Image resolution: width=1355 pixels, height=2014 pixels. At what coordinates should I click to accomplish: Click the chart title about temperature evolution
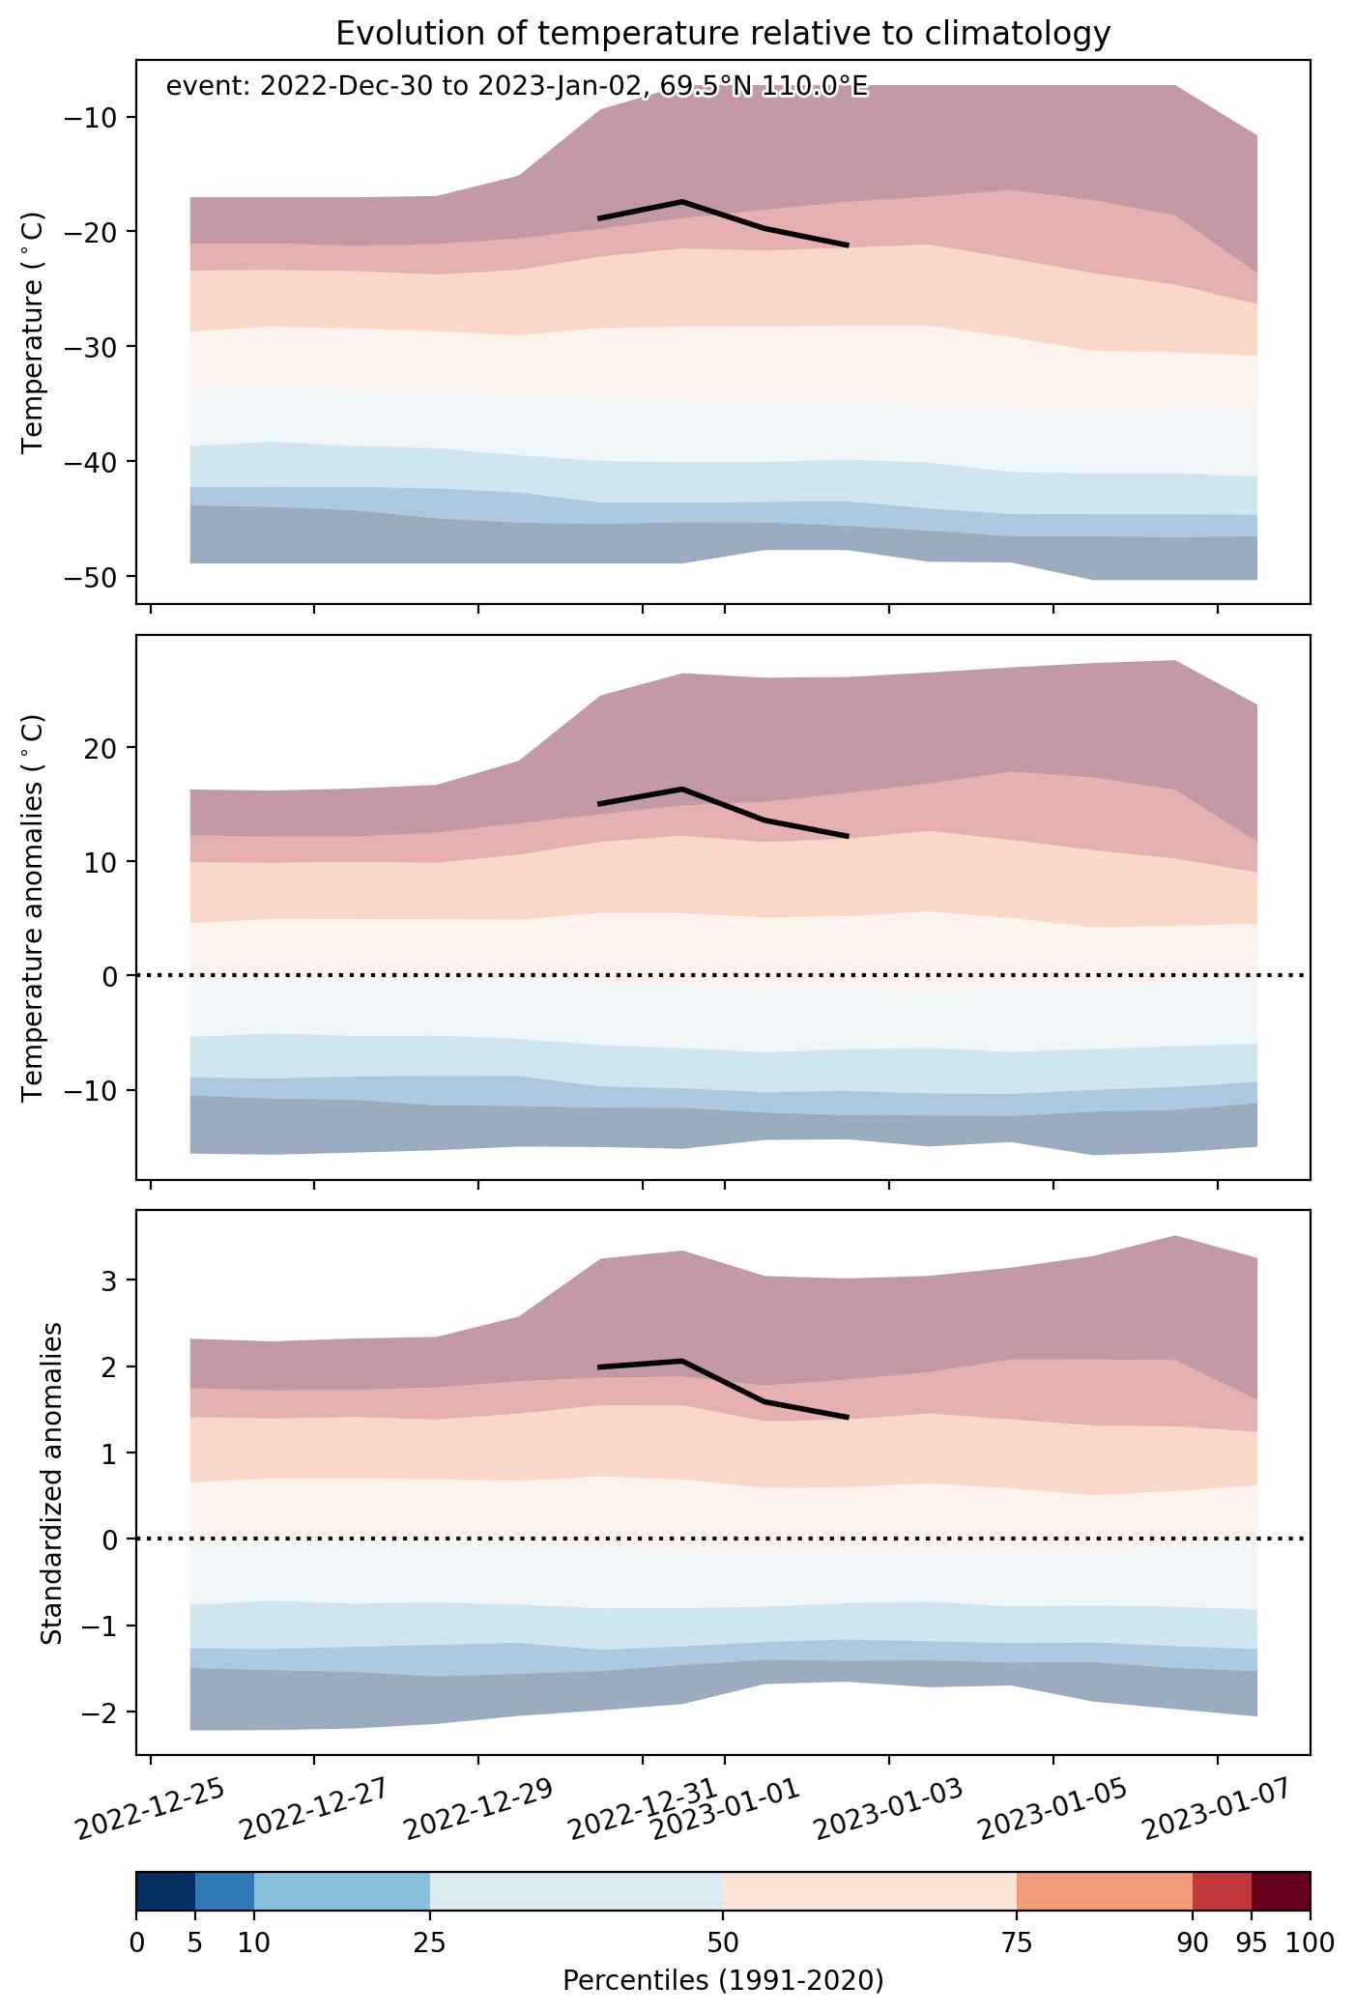723,34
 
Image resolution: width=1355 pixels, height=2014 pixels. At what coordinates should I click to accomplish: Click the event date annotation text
517,87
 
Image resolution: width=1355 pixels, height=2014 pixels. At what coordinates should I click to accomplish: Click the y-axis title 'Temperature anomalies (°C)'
33,906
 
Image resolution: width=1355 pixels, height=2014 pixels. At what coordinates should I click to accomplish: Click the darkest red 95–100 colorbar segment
1281,1892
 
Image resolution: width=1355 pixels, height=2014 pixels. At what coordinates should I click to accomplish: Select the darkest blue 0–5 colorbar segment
165,1892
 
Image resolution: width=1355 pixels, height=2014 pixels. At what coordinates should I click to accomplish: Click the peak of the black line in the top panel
682,201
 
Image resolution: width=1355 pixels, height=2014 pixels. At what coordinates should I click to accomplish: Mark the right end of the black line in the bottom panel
848,1418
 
